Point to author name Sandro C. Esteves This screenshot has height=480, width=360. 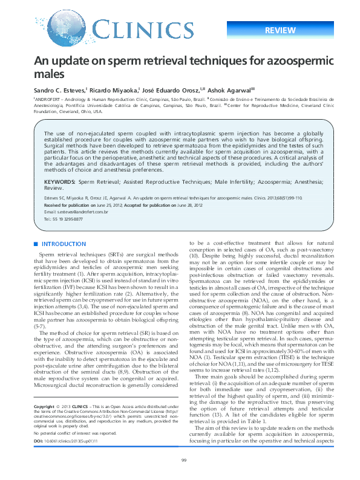[59, 89]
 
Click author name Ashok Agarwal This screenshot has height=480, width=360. [232, 89]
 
